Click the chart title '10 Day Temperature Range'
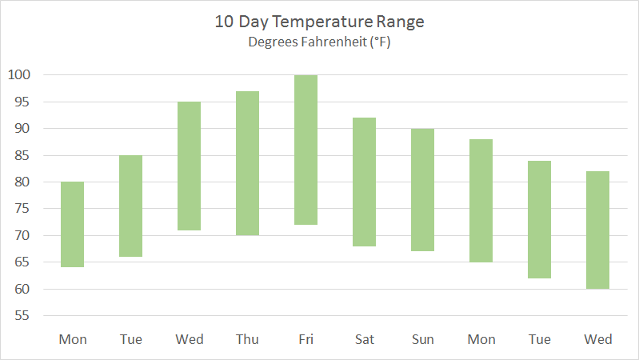319,22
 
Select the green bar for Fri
306,150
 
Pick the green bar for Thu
247,163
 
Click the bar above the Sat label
364,182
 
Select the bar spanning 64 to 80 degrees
72,225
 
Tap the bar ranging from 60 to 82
597,230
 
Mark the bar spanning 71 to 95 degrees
189,166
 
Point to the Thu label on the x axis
247,339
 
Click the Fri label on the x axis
306,339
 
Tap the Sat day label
364,339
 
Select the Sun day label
422,339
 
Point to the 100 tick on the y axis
18,75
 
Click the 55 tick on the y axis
22,316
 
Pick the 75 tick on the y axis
22,209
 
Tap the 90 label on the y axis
22,129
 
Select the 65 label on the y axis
22,262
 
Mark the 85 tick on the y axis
22,155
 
